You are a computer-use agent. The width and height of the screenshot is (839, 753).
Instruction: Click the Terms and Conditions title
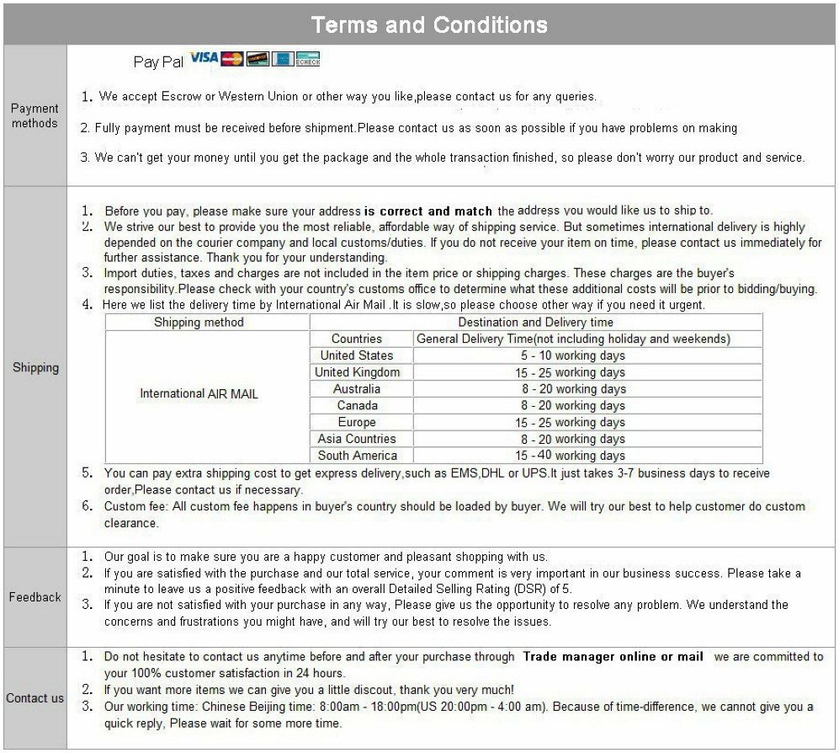point(429,24)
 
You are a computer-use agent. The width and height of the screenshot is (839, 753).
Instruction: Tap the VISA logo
point(204,58)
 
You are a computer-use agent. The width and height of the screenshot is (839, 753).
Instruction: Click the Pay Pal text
point(158,61)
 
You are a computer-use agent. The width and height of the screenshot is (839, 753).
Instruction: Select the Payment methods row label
point(35,115)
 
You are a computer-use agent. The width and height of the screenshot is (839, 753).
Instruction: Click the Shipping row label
point(35,367)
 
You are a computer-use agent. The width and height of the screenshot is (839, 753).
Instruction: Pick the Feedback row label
point(35,597)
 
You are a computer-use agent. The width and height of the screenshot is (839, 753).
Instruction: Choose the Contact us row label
point(35,697)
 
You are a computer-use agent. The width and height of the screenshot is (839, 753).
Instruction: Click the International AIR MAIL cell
point(199,393)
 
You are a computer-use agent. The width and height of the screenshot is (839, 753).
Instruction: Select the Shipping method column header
point(199,322)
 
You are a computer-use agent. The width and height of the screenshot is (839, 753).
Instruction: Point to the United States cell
point(357,355)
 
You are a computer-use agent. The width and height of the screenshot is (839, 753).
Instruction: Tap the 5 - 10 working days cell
point(572,355)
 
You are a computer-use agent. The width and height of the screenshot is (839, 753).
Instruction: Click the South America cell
point(357,456)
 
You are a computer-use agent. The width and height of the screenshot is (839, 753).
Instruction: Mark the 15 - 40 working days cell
point(572,456)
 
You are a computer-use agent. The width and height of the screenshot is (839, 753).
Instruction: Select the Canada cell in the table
point(357,405)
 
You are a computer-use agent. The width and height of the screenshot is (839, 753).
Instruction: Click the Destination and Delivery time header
point(535,322)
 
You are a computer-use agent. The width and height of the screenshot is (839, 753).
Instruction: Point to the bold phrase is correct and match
point(430,211)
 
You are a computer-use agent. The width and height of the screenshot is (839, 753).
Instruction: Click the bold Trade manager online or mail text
point(613,657)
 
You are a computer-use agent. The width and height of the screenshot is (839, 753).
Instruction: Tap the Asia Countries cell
point(357,439)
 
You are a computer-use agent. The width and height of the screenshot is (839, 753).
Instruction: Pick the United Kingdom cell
point(357,372)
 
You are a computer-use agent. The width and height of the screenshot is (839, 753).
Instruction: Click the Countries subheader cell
point(357,339)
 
